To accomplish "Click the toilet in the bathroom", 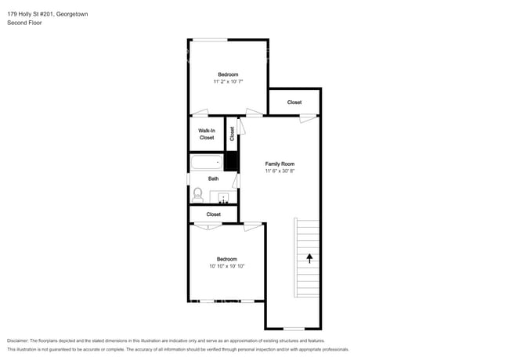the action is pyautogui.click(x=197, y=195).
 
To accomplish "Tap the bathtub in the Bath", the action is pyautogui.click(x=207, y=162).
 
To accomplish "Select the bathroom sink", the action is pyautogui.click(x=223, y=197).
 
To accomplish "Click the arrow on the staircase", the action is pyautogui.click(x=309, y=258).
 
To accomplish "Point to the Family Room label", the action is pyautogui.click(x=280, y=164).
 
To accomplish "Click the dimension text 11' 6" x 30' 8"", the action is pyautogui.click(x=280, y=171).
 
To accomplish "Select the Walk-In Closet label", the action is pyautogui.click(x=207, y=134).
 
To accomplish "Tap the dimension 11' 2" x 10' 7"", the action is pyautogui.click(x=228, y=81).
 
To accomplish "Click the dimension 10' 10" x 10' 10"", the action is pyautogui.click(x=227, y=266).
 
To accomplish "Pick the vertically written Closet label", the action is pyautogui.click(x=232, y=133).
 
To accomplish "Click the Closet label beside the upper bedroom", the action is pyautogui.click(x=294, y=103).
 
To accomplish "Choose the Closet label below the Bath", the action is pyautogui.click(x=214, y=214).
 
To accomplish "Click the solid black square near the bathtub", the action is pyautogui.click(x=232, y=161).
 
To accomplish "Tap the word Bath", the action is pyautogui.click(x=213, y=178).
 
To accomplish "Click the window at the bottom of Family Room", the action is pyautogui.click(x=294, y=329).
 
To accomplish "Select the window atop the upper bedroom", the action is pyautogui.click(x=210, y=40).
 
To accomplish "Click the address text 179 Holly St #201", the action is pyautogui.click(x=31, y=14).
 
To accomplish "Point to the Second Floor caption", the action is pyautogui.click(x=24, y=23).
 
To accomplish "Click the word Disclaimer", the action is pyautogui.click(x=17, y=340).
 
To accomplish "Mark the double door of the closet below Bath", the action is pyautogui.click(x=208, y=225).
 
